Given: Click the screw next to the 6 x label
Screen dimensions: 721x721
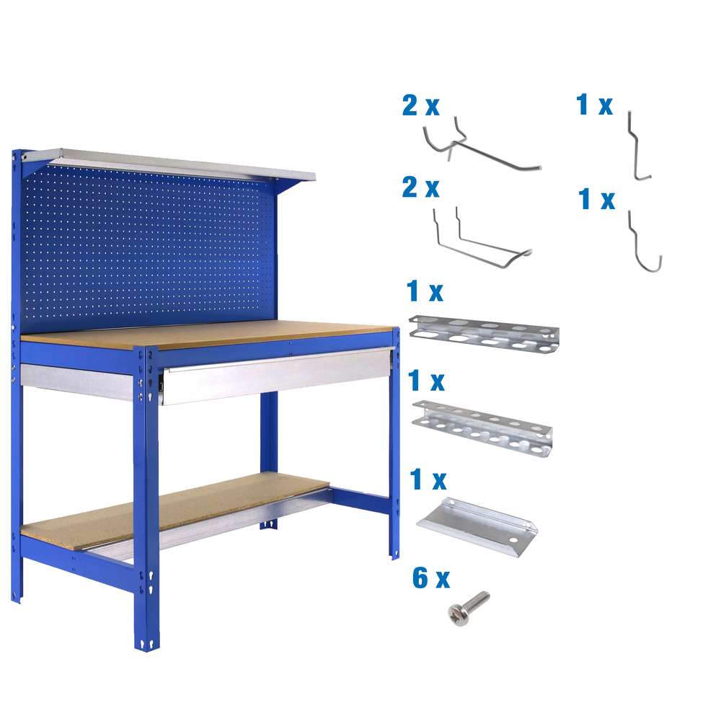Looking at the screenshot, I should (469, 606).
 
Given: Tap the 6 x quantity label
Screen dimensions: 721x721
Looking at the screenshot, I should (431, 578).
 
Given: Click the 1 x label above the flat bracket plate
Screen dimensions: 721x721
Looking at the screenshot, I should (428, 479).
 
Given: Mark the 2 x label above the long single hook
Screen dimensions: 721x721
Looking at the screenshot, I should (420, 107).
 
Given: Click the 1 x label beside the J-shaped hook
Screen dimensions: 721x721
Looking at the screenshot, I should (597, 200).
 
